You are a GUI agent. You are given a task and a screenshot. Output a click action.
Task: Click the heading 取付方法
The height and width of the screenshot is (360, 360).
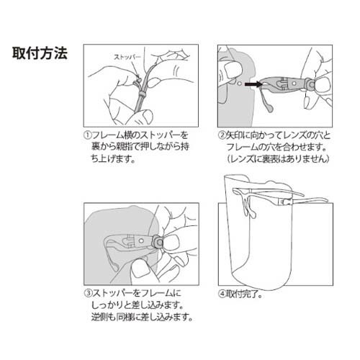(40, 55)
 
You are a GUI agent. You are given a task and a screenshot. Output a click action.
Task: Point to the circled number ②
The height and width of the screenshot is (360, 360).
(222, 135)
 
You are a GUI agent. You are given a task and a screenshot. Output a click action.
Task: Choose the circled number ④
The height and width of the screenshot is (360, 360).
(222, 293)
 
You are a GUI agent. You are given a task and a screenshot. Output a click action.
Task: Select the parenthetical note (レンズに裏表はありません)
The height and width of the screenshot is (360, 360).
(273, 158)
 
